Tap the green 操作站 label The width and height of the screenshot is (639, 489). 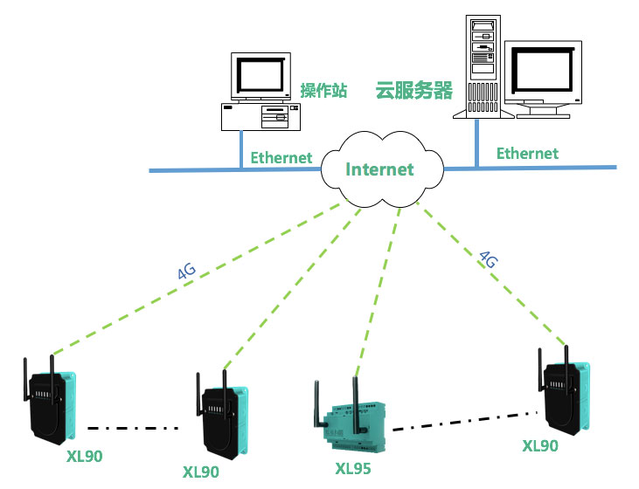click(323, 91)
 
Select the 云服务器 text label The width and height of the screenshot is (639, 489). click(413, 91)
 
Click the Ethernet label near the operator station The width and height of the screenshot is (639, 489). click(281, 158)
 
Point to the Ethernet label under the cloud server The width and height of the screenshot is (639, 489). click(527, 154)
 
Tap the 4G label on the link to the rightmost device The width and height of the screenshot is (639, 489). click(489, 258)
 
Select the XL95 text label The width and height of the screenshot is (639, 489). click(353, 469)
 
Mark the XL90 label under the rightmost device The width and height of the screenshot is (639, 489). click(539, 445)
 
